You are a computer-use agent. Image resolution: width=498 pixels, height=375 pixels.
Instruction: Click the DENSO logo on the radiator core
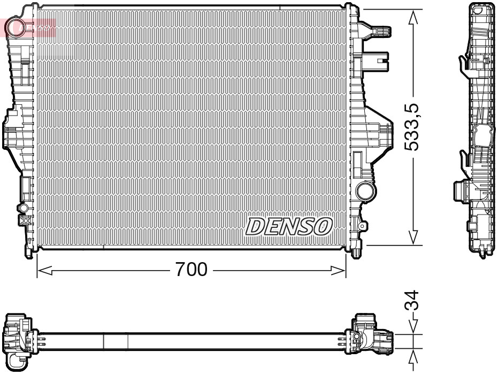point(289,226)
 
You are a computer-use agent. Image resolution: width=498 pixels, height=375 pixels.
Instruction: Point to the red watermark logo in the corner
point(29,26)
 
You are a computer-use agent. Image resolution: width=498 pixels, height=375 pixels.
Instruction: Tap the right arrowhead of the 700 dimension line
point(339,271)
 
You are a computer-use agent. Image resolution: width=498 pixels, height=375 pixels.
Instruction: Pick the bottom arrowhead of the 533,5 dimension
point(413,238)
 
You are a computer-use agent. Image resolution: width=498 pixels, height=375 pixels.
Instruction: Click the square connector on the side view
point(461,190)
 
